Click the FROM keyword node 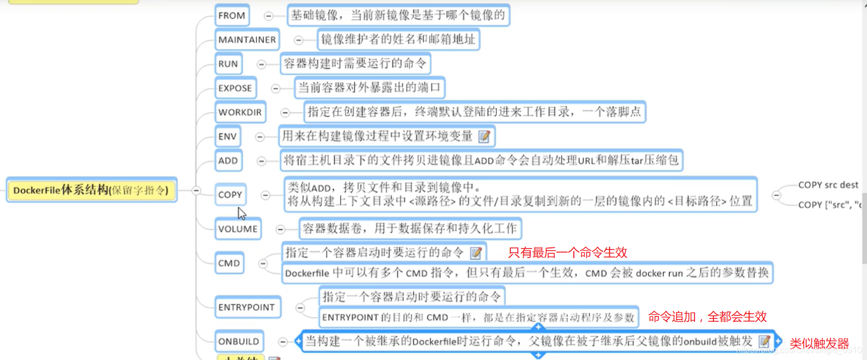coord(232,16)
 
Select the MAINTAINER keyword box coord(247,40)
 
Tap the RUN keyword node coord(228,64)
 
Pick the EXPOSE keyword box coord(235,88)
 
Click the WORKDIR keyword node coord(240,112)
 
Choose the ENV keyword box coord(227,136)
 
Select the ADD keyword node coord(228,161)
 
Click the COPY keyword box coord(230,195)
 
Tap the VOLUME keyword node coord(238,229)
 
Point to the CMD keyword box coord(229,263)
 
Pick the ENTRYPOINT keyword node coord(247,307)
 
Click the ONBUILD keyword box coord(239,341)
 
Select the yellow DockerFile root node coord(91,190)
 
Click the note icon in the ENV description coord(484,136)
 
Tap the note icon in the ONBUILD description coord(764,341)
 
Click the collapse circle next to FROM coord(268,16)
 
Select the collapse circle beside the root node coord(196,190)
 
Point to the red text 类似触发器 coord(819,343)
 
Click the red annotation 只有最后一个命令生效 coord(567,253)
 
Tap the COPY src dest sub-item coord(828,185)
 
